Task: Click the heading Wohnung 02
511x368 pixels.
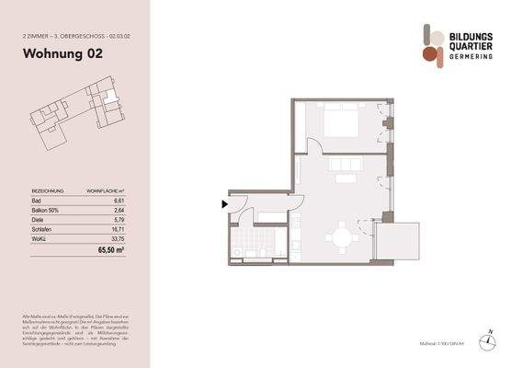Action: tap(62, 53)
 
